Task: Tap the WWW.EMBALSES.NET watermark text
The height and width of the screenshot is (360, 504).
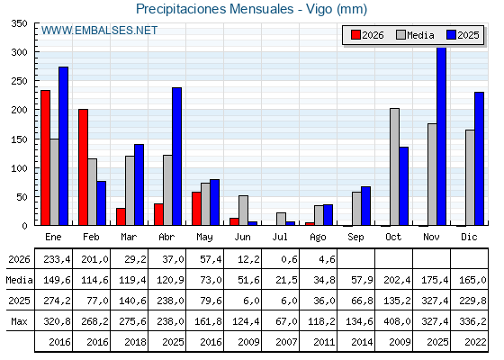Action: (99, 31)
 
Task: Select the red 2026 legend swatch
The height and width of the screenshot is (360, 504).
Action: (355, 35)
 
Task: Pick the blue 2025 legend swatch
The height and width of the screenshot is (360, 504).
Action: (451, 35)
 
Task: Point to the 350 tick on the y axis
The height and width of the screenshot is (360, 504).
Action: (19, 23)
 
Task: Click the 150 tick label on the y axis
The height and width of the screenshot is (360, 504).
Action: (19, 139)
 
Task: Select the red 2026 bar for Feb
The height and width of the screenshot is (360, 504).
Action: (83, 167)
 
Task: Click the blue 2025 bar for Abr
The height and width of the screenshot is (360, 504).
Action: (176, 157)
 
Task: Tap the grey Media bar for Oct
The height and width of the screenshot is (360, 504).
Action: (394, 166)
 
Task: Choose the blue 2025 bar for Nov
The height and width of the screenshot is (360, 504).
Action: (442, 136)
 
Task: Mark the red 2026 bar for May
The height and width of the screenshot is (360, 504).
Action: (196, 209)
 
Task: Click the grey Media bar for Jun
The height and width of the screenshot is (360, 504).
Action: (243, 211)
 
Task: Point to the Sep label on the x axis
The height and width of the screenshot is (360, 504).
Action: (355, 238)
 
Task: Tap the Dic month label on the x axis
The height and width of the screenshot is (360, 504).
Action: (469, 237)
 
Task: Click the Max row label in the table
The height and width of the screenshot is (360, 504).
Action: (19, 321)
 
